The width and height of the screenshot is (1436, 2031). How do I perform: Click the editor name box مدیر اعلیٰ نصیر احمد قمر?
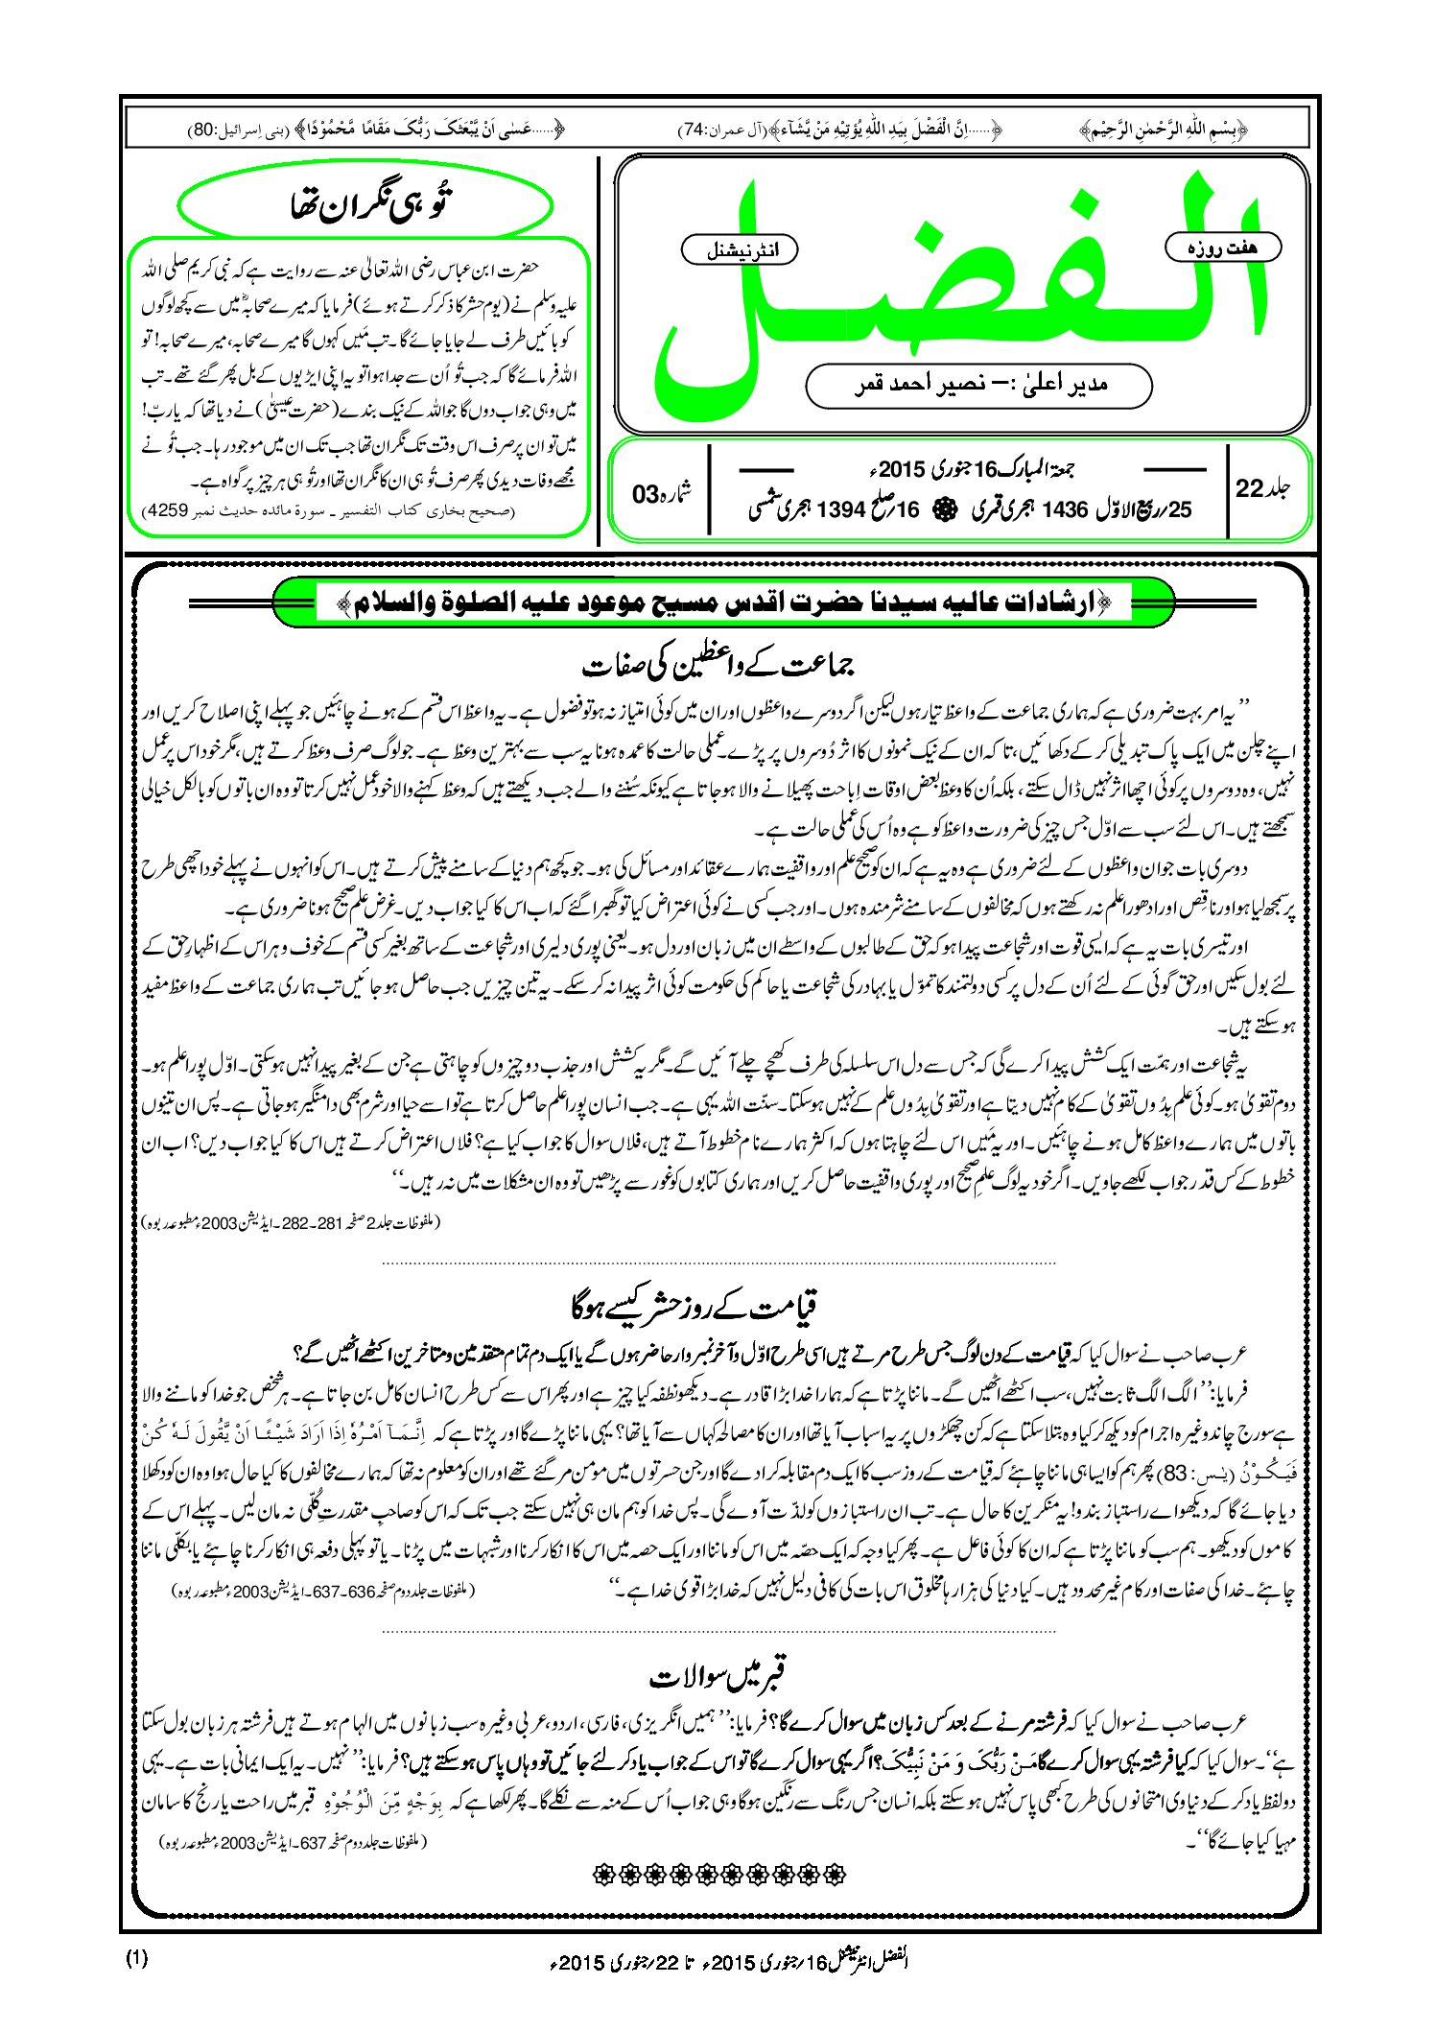[x=978, y=385]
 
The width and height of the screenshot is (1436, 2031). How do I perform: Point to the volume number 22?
[x=1250, y=488]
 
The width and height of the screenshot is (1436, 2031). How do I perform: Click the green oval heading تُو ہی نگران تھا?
[x=365, y=204]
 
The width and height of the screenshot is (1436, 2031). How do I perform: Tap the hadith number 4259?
[x=163, y=511]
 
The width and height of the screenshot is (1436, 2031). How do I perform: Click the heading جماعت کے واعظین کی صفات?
[x=719, y=664]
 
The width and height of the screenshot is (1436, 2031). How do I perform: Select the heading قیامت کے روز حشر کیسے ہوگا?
[x=694, y=1306]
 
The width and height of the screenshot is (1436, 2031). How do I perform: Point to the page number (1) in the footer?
[x=136, y=1958]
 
